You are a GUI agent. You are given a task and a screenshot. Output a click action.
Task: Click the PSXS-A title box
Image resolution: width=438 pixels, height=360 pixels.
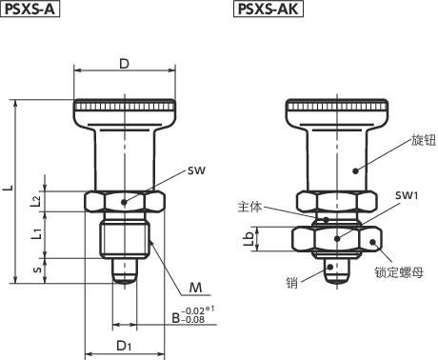coord(30,9)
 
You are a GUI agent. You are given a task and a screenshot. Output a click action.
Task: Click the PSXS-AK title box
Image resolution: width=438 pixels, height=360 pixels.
coord(269,9)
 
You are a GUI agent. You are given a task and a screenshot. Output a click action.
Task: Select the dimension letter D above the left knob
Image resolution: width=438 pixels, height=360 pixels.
coord(125,64)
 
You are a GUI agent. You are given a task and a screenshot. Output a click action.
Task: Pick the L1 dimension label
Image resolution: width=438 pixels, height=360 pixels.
coord(36,233)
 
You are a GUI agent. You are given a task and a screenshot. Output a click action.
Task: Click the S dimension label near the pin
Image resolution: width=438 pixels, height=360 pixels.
coord(37,270)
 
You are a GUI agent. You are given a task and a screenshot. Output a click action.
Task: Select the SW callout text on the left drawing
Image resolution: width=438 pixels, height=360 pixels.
coord(196,170)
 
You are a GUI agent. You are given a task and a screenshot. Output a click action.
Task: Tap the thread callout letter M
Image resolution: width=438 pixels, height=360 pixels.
coord(195,288)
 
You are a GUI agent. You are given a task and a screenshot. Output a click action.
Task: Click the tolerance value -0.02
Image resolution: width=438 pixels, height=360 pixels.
coord(193,311)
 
